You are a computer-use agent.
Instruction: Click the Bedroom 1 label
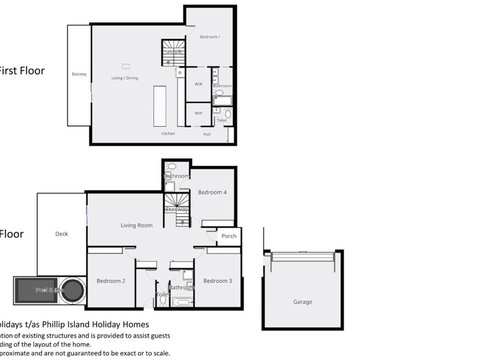[x=210, y=36]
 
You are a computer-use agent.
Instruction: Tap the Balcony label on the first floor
[x=79, y=74]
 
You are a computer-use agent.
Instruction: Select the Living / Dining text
[x=125, y=76]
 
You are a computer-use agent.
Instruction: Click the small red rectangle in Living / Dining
[x=126, y=64]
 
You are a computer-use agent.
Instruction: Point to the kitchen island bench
[x=159, y=105]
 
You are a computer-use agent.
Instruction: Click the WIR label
[x=199, y=85]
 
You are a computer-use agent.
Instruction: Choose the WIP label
[x=198, y=113]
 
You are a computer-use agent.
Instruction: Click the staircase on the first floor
[x=174, y=54]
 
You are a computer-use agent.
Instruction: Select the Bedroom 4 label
[x=212, y=191]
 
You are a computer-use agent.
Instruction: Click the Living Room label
[x=136, y=225]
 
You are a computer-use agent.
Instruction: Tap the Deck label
[x=62, y=234]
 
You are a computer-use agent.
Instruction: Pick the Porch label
[x=229, y=236]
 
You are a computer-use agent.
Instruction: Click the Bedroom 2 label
[x=110, y=281]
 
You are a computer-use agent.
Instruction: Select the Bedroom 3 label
[x=217, y=281]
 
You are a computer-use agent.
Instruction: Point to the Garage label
[x=302, y=301]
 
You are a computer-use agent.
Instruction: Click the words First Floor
[x=23, y=70]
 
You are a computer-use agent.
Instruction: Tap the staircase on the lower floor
[x=178, y=207]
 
